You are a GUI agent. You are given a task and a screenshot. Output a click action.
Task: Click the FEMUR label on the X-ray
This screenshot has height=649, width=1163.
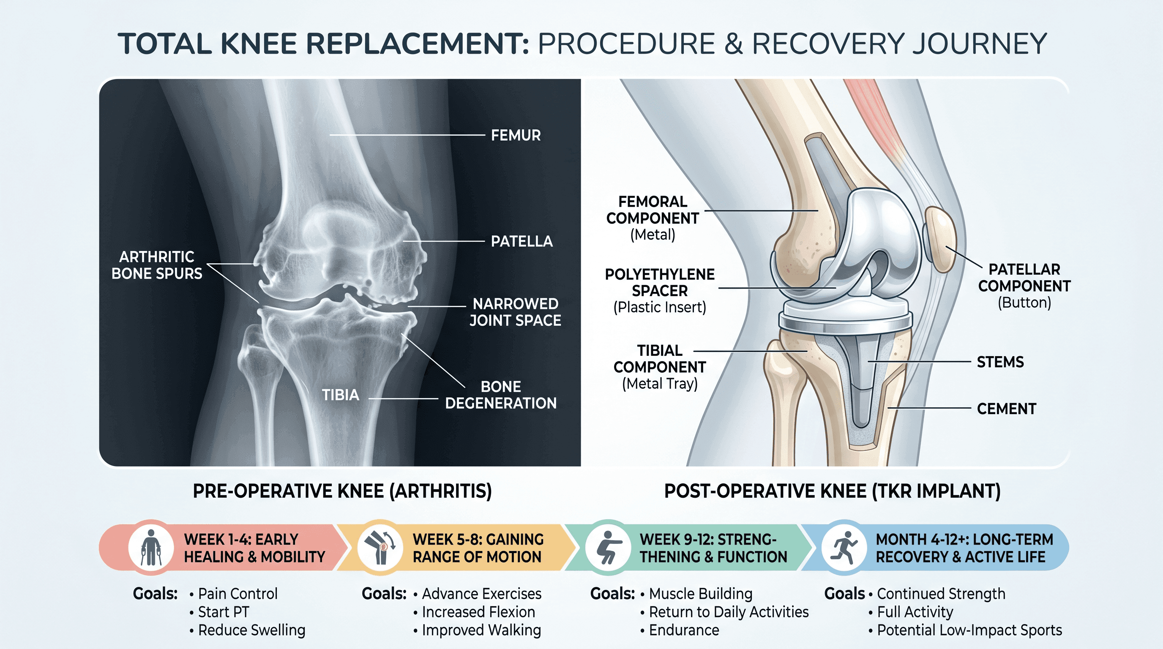[516, 135]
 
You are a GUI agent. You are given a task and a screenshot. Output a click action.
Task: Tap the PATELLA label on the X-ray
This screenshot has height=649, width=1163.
[521, 241]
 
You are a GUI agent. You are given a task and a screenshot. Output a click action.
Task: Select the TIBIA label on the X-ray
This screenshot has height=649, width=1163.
[341, 395]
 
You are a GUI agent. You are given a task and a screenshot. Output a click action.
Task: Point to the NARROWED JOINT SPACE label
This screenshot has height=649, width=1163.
[515, 312]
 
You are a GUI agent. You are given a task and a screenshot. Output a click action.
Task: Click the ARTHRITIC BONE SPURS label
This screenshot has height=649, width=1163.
[157, 265]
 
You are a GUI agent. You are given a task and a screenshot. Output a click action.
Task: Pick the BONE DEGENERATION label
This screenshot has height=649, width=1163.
[501, 395]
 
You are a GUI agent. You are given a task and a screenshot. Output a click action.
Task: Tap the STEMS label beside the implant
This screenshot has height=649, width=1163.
[1000, 362]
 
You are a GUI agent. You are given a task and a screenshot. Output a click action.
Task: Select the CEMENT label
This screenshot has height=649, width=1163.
[1006, 409]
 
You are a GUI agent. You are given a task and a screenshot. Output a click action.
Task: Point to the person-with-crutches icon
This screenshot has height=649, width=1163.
[151, 548]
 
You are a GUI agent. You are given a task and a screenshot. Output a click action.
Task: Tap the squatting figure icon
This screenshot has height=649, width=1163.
[608, 548]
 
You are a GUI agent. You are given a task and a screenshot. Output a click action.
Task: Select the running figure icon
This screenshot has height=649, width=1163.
[844, 548]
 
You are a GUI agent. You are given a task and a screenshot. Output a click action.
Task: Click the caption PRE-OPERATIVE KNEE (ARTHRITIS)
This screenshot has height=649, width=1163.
[342, 491]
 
